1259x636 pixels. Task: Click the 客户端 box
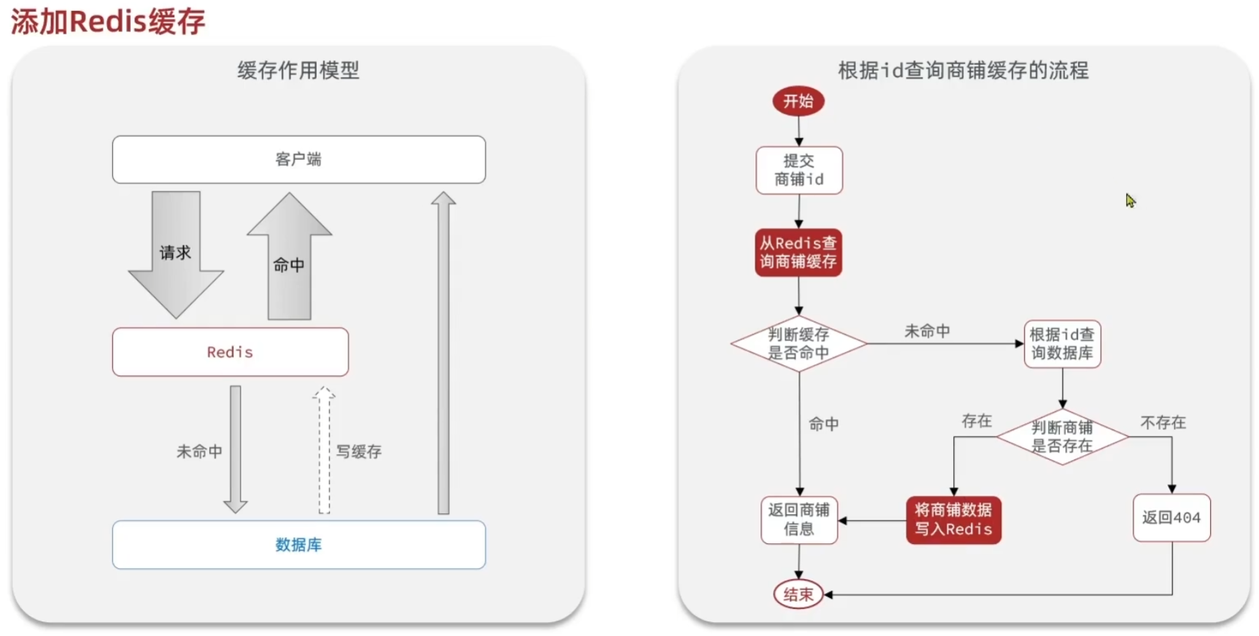(299, 159)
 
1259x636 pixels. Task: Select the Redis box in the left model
(230, 352)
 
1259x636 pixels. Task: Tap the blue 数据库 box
(299, 545)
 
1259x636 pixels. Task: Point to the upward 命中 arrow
(289, 256)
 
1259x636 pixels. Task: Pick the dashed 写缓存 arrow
(324, 450)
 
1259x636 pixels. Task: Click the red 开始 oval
(798, 101)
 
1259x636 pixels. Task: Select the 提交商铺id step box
(799, 170)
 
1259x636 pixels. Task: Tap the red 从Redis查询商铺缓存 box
(798, 253)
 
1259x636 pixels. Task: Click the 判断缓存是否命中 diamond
(798, 343)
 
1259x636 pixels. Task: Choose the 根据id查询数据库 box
(1062, 343)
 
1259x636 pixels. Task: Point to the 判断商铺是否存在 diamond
(1062, 437)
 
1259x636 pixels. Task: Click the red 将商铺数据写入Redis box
(953, 520)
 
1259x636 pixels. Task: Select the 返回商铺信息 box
(799, 520)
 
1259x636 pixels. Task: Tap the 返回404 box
(1171, 518)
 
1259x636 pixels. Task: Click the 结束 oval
(798, 594)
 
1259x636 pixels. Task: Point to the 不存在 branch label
(1163, 423)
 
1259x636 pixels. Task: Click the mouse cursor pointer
(1131, 201)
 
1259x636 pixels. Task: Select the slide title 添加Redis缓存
(108, 21)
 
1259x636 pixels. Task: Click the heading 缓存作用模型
(299, 70)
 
